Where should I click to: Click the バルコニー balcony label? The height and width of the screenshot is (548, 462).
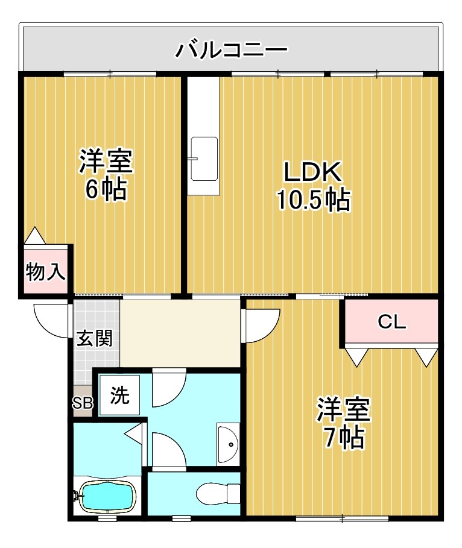231,49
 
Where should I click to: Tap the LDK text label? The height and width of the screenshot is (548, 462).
313,173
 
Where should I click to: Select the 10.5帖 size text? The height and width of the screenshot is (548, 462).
313,200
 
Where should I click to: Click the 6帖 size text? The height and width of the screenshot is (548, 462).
105,190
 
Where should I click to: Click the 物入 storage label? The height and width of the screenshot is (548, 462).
45,272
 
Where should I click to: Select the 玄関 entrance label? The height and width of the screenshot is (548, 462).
94,338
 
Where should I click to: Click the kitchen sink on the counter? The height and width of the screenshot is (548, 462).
203,159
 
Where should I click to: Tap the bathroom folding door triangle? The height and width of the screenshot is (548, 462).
133,431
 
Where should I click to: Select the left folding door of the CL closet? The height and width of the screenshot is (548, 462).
356,357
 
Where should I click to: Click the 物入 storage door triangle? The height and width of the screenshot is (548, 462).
34,235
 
